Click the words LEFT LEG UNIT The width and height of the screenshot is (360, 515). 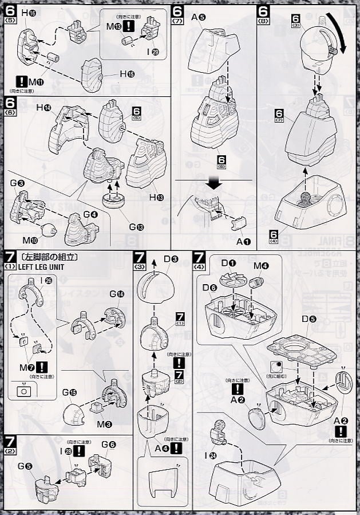click(x=33, y=266)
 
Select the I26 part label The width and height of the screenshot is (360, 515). click(x=49, y=281)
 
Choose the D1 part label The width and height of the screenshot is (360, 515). click(x=217, y=264)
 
